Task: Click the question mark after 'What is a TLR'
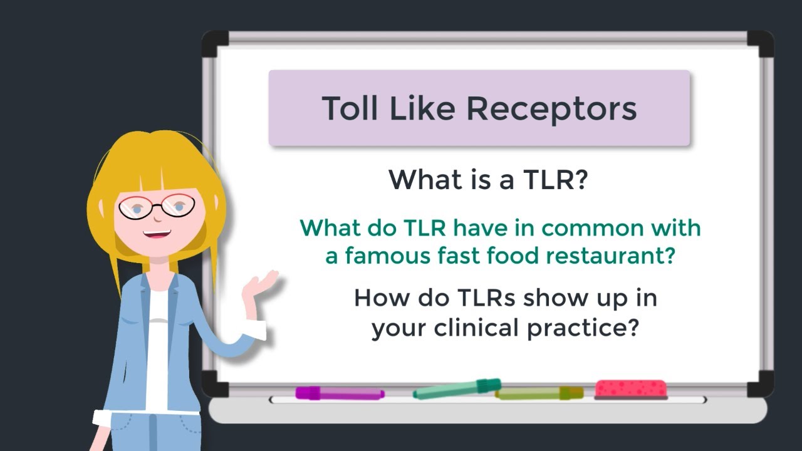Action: click(x=580, y=180)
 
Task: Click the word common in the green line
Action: click(x=591, y=228)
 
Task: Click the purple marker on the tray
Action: click(x=338, y=393)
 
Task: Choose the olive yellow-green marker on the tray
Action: click(x=539, y=393)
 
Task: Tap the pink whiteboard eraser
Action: click(x=630, y=389)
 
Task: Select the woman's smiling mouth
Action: click(x=157, y=235)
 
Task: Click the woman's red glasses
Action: click(x=157, y=207)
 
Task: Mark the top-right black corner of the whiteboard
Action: click(x=760, y=43)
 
